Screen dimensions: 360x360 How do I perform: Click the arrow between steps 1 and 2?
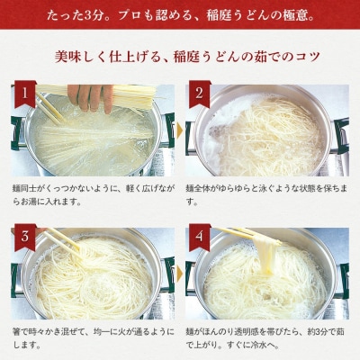click(x=180, y=130)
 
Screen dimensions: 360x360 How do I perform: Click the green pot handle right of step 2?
click(x=341, y=135)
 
